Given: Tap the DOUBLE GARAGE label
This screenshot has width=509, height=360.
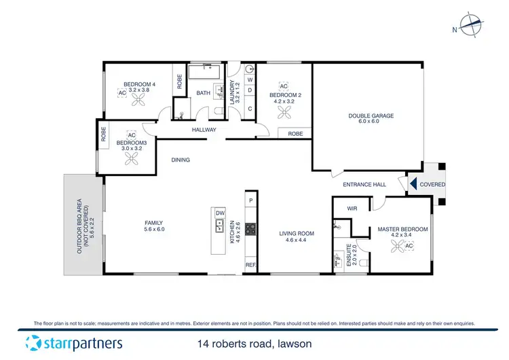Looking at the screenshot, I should [x=371, y=115].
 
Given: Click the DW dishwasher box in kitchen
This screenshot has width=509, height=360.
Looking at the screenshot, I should [x=219, y=213].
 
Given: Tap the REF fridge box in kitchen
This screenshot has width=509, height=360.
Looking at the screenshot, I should [x=250, y=265].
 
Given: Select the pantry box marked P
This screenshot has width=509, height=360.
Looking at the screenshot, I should [x=250, y=200].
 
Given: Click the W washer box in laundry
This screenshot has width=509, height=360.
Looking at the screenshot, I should [x=250, y=80].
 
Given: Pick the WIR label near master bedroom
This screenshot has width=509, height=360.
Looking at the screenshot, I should [x=352, y=209].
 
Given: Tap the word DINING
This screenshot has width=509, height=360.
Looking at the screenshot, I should [x=181, y=160].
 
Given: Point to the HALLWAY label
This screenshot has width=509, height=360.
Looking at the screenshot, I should [x=204, y=130].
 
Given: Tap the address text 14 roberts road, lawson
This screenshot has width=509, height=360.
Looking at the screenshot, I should [x=254, y=344].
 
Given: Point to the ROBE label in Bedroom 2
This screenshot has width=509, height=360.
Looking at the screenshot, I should [x=295, y=134].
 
